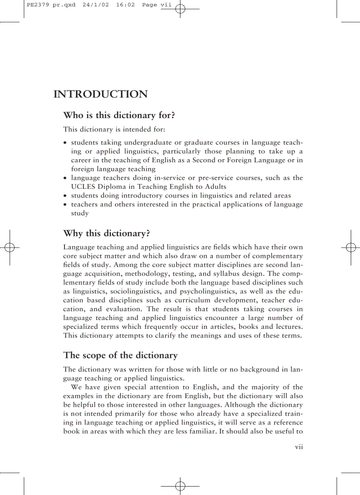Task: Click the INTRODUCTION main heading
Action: tap(100, 94)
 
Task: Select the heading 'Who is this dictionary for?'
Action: tap(119, 115)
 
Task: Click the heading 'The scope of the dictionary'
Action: tap(120, 355)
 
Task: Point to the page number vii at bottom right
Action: tap(299, 447)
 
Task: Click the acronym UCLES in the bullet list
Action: tap(82, 187)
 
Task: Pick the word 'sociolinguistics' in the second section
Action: tap(136, 291)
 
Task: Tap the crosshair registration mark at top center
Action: tap(180, 9)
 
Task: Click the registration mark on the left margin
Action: tap(10, 247)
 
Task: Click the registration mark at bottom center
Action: tap(180, 486)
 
